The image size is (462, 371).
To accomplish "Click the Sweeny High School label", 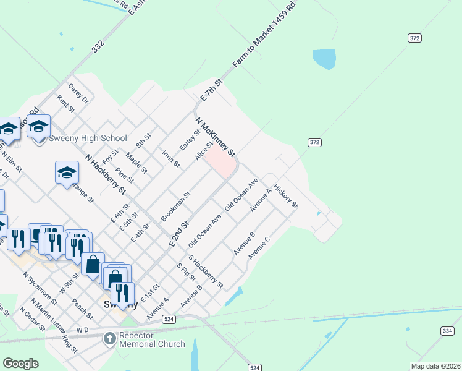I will tap(88, 139).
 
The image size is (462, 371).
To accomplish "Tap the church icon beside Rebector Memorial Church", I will tap(109, 338).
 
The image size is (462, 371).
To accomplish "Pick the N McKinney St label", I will tap(216, 137).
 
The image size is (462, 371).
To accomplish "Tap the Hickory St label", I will tap(286, 195).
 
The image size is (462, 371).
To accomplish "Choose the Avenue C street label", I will tap(259, 247).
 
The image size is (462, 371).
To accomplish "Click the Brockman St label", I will tap(175, 206).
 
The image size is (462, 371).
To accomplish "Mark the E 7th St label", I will tap(211, 91).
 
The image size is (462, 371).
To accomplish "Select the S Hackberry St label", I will tap(206, 271).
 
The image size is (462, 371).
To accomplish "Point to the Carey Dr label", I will tap(79, 93).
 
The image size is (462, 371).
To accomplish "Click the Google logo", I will tap(20, 363).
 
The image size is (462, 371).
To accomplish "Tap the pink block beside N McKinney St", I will tap(220, 163).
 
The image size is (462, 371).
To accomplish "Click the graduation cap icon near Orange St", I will tap(67, 173).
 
